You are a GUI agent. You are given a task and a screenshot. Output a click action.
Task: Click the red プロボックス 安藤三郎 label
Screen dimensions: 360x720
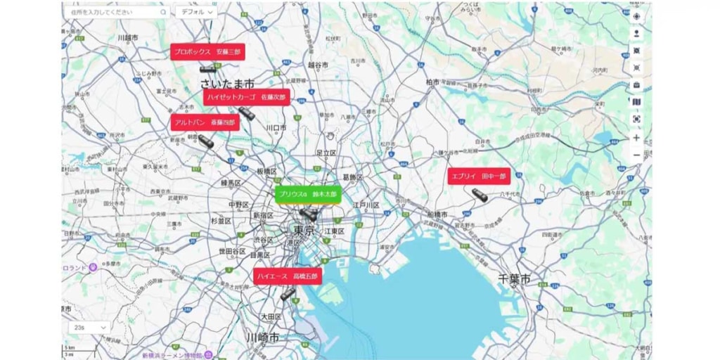coord(206,51)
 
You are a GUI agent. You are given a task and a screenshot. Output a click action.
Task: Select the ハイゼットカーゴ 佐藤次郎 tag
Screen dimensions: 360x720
coord(246,97)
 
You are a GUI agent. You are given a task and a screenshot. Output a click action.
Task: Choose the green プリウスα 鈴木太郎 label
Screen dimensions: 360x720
coord(307,194)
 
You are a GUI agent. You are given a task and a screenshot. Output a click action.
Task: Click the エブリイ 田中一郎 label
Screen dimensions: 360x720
coord(478,176)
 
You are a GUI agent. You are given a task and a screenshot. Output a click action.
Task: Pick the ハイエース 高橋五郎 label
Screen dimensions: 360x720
coord(288,276)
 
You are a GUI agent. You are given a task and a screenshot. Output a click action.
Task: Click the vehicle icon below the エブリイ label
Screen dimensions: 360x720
coord(480,195)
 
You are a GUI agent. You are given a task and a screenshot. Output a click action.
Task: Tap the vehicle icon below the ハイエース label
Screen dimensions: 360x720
coord(288,294)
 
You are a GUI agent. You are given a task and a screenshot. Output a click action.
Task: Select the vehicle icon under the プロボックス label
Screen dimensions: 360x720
coord(207,69)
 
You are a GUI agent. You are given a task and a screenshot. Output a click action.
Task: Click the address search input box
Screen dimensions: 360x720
coord(112,12)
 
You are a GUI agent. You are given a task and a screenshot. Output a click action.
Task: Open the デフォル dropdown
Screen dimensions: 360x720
coord(195,12)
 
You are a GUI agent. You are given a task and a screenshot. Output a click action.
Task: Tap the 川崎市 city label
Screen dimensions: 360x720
coord(262,338)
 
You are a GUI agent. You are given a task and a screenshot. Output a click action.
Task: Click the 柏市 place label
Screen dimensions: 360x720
coord(432,82)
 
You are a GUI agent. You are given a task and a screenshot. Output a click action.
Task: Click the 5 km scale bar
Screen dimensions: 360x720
coord(79,349)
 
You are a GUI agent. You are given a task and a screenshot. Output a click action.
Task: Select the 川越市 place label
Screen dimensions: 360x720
coord(129,37)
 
